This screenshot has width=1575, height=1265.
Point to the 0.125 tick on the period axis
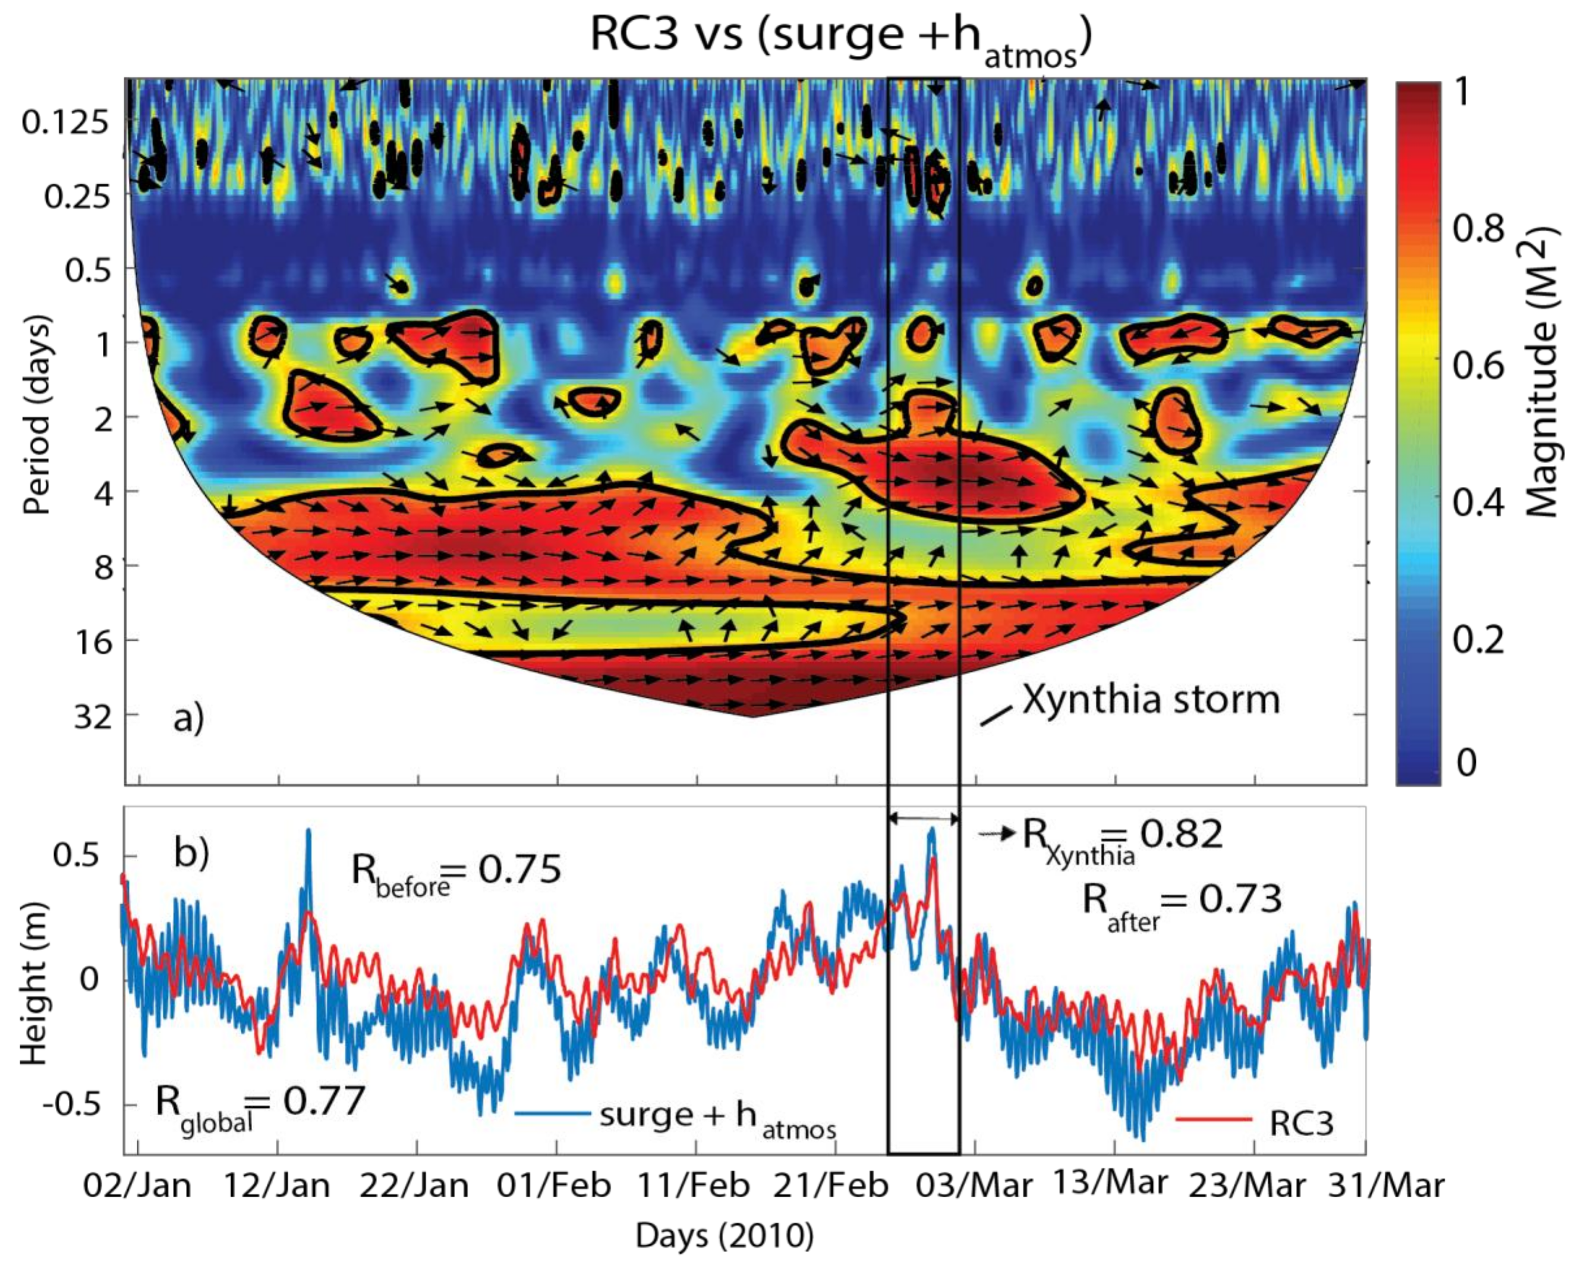pos(64,121)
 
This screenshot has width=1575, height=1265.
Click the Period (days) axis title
pos(36,414)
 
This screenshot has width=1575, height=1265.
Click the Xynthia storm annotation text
pos(1151,699)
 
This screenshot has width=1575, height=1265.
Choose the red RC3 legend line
pos(1214,1119)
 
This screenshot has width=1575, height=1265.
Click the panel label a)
pos(188,718)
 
